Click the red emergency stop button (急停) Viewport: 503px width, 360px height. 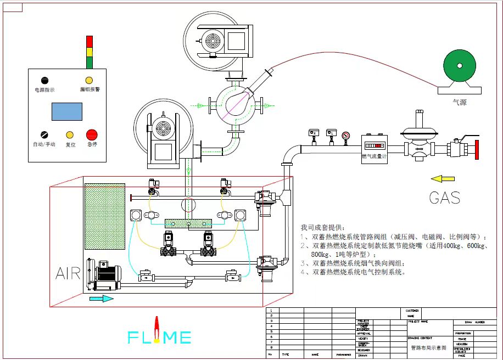91,134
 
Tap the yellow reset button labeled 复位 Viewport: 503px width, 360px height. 70,135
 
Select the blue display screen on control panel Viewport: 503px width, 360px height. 67,111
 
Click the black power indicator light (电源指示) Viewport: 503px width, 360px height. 44,81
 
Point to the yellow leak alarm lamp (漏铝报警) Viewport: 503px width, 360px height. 89,81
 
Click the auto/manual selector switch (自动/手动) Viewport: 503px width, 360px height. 44,134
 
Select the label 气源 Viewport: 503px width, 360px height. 459,102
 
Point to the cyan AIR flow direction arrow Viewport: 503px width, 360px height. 101,299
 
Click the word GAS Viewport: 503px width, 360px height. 444,198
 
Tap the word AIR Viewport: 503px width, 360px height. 68,273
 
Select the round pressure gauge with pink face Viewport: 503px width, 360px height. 345,136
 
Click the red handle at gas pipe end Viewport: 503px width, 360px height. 477,149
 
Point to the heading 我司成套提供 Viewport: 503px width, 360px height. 323,227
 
